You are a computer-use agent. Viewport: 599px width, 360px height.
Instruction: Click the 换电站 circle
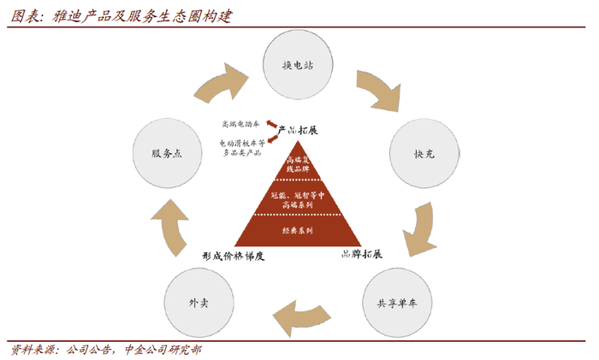[299, 65]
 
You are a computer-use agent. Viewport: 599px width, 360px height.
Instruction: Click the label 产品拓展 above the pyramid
[299, 130]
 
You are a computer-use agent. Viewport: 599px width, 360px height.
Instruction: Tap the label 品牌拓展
[361, 254]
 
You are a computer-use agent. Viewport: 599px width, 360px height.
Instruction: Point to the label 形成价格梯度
[234, 256]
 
